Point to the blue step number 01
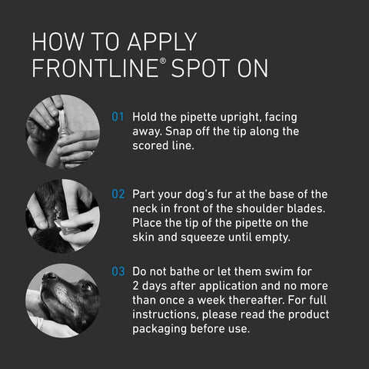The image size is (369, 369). click(x=118, y=118)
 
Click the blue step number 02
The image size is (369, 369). click(x=118, y=194)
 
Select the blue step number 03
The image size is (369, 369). click(x=118, y=271)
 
